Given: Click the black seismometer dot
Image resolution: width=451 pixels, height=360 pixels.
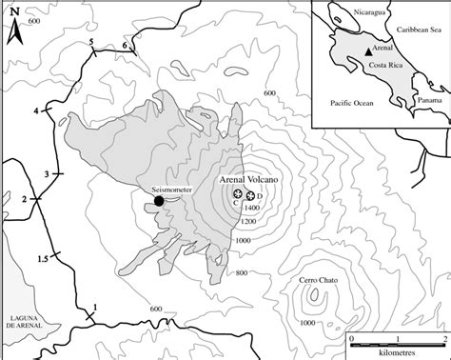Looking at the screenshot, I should point(159,200).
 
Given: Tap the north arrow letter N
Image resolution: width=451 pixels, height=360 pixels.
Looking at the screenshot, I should point(13,29).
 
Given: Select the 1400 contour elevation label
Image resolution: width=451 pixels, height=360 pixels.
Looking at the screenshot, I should point(251,207).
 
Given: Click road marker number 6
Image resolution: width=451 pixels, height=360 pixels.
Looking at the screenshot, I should point(125,46).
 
